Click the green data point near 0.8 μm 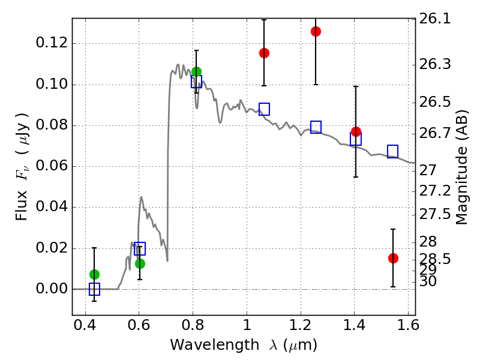[x=196, y=72]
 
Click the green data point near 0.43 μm [x=94, y=274]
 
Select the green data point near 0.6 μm [x=140, y=263]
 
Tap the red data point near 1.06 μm [x=264, y=53]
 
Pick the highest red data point [x=316, y=31]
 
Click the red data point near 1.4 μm [x=356, y=131]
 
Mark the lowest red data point [x=393, y=258]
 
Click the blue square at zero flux [x=94, y=289]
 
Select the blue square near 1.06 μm [x=264, y=109]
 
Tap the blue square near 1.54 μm [x=393, y=151]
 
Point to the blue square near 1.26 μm [x=316, y=127]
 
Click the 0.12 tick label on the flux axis [x=52, y=43]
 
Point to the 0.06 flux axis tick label [x=52, y=166]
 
